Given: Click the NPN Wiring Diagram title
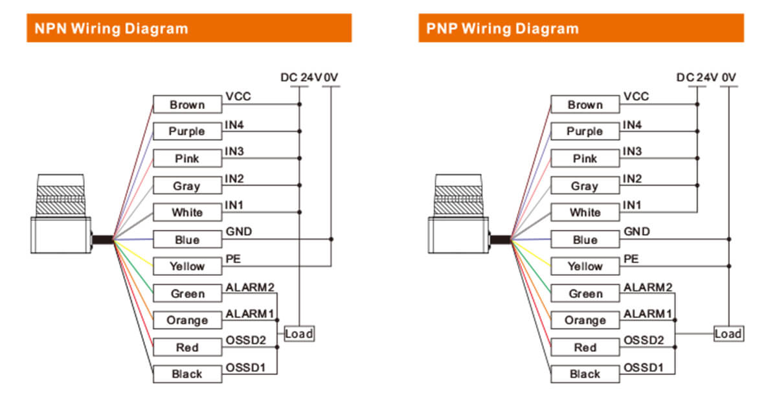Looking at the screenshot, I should pos(111,28).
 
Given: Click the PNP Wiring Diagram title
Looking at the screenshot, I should pos(502,28).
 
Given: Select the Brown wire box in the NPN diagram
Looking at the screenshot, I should pos(187,104).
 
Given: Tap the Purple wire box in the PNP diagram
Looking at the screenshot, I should pos(585,131).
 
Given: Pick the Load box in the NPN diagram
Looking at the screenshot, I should pos(298,334).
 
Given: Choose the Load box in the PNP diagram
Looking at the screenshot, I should pos(728,334).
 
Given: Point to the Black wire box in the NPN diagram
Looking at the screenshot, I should pos(187,374).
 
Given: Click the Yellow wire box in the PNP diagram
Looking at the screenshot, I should pos(585,266).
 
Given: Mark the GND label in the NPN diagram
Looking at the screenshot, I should pos(239,232).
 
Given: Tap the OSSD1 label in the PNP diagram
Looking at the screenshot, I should pos(643,367).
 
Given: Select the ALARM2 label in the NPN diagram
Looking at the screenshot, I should pos(249,286).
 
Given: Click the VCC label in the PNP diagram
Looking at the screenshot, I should pos(636,97).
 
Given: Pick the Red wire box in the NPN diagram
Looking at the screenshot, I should pos(187,347).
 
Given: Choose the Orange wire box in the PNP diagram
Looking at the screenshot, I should pos(585,320).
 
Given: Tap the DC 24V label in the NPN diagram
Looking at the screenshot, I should pos(300,78).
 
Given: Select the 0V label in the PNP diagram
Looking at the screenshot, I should pos(729,78).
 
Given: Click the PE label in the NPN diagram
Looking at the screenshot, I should pos(233,259).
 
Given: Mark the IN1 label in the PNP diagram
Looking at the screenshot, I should pos(633,205).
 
